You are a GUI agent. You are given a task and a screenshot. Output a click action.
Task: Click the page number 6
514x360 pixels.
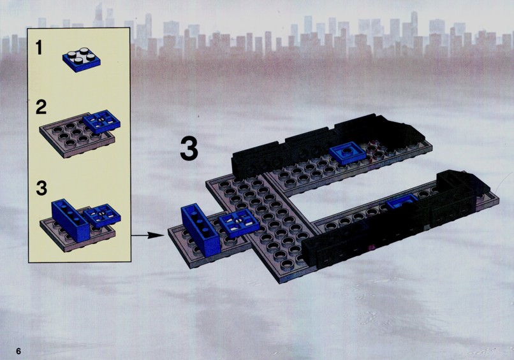18,351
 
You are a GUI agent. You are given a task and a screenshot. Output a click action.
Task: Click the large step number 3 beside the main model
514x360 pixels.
189,149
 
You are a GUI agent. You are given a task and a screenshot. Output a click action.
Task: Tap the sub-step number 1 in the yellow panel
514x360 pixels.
39,48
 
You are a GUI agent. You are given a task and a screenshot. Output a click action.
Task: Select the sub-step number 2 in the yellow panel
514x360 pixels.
41,108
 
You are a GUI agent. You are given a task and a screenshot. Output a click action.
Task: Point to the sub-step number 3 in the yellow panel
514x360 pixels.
41,189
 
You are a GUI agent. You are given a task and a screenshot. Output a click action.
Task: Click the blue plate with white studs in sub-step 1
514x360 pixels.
82,59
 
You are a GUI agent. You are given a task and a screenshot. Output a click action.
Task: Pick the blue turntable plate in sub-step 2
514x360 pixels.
101,122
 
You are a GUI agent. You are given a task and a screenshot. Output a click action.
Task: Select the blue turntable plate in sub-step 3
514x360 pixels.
102,215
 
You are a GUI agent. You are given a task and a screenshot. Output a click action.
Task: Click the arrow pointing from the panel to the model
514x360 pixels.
147,235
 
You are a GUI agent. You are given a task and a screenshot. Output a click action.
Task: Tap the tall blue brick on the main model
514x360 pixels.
200,230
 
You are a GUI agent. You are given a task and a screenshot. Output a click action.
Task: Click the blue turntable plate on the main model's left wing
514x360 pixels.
239,223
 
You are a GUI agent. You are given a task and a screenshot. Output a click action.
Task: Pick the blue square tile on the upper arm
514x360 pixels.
348,153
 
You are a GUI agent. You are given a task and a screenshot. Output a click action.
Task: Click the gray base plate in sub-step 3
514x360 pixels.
77,234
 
